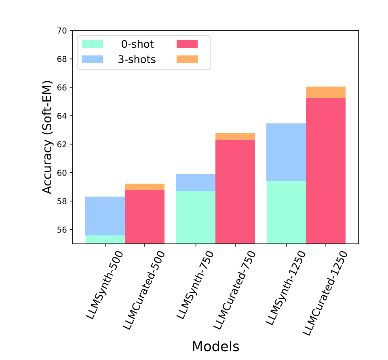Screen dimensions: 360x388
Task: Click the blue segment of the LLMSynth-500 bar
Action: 105,216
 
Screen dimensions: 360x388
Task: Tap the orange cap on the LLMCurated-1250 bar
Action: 326,92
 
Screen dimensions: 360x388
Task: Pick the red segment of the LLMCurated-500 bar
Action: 145,216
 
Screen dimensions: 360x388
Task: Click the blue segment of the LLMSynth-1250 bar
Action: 286,152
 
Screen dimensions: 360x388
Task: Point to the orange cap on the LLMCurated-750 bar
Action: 235,136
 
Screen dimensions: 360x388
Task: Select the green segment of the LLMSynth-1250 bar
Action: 286,212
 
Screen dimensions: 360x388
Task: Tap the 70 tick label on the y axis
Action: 63,31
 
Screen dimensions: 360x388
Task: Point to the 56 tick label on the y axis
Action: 63,230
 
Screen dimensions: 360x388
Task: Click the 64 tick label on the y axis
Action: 63,116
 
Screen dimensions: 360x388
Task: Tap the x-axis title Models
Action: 215,346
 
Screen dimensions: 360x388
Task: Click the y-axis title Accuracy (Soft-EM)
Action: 48,137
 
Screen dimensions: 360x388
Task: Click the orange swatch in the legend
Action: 187,59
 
